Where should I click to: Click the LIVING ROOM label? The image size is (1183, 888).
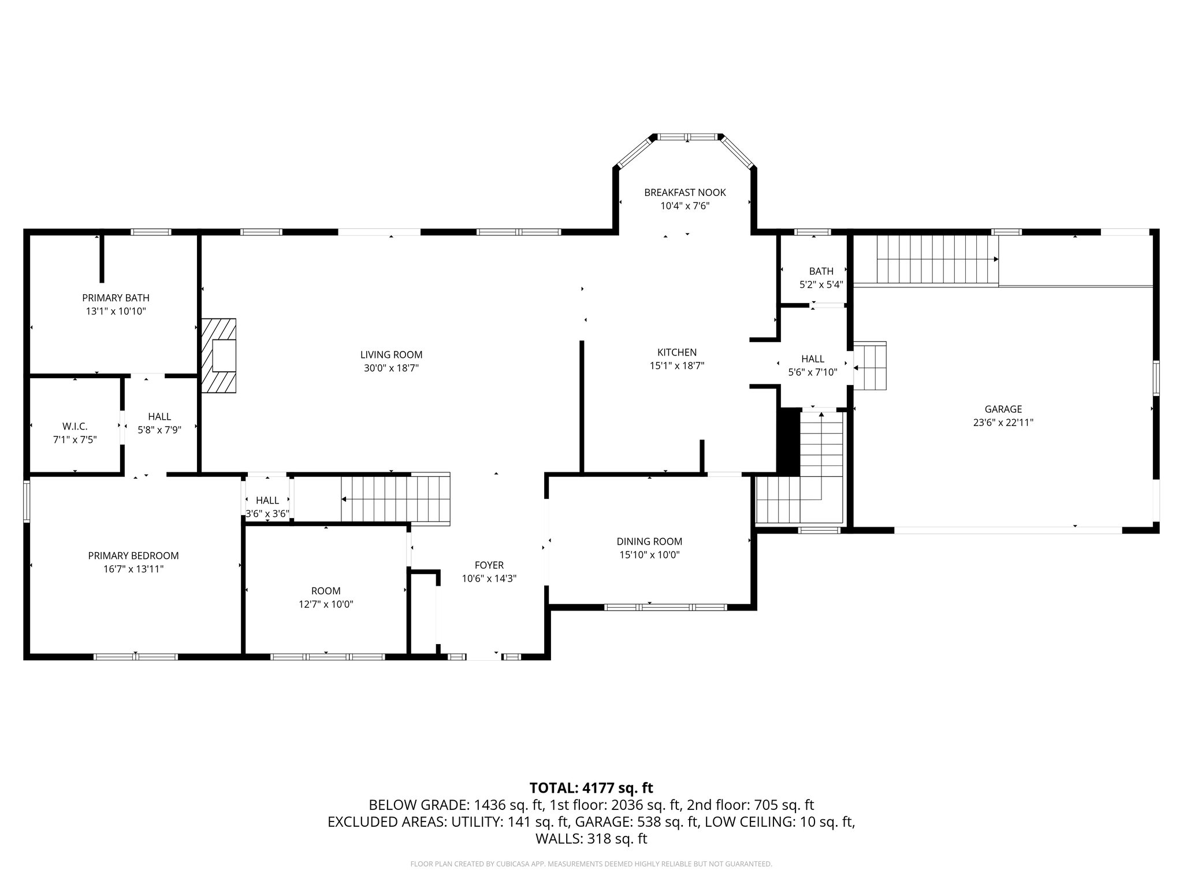click(x=391, y=355)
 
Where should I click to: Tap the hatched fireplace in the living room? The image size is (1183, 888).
click(x=219, y=356)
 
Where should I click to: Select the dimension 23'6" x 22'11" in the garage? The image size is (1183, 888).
click(x=1003, y=423)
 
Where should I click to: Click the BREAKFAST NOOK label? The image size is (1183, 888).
click(x=685, y=193)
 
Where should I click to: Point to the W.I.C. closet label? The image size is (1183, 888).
click(x=75, y=426)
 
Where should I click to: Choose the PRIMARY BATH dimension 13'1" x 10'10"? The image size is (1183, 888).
click(x=116, y=312)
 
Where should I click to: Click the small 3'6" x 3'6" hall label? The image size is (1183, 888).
click(x=267, y=513)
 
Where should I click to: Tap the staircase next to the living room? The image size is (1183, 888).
click(x=395, y=499)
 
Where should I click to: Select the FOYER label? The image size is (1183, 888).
click(x=489, y=565)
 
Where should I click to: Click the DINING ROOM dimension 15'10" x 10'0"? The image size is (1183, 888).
click(x=649, y=555)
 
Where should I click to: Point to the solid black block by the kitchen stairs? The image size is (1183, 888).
click(x=788, y=441)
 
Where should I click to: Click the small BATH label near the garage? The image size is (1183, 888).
click(x=821, y=271)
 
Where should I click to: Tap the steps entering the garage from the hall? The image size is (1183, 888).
click(x=870, y=367)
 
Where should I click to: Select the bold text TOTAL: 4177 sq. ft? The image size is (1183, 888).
click(x=591, y=788)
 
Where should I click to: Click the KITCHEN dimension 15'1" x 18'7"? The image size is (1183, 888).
click(x=677, y=365)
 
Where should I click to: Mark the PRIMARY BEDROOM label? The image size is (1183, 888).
click(x=133, y=556)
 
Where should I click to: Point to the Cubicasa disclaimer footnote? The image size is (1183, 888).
click(x=591, y=864)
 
